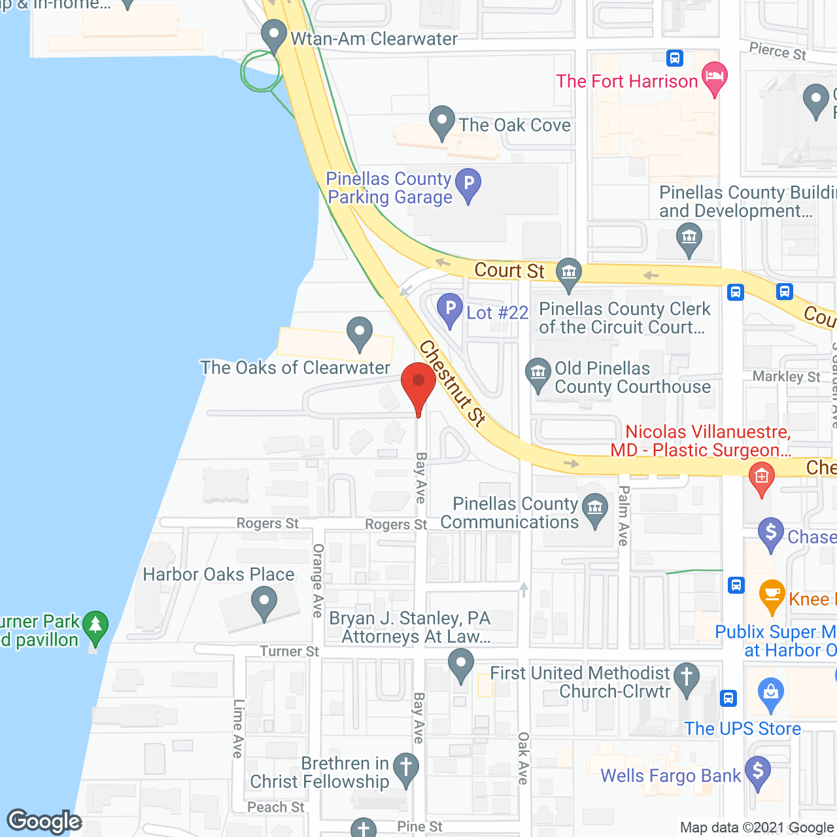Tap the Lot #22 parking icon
(x=450, y=309)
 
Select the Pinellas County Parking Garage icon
(x=468, y=184)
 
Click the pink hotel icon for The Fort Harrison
(x=715, y=77)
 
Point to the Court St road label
(x=509, y=270)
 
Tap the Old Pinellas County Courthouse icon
(x=538, y=375)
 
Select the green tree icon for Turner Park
(x=96, y=626)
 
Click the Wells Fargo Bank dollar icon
(x=758, y=772)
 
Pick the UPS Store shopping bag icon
(x=771, y=693)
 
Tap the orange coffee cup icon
(x=772, y=595)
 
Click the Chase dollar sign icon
(x=771, y=534)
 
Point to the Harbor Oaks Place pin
(x=264, y=602)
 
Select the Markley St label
(x=786, y=377)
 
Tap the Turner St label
(x=289, y=651)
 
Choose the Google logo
(x=44, y=821)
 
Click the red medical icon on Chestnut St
(x=761, y=477)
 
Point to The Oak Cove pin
(x=442, y=122)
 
